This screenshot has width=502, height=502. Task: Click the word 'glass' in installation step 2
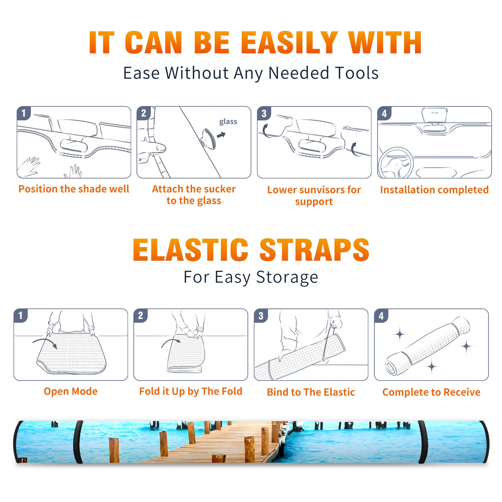[x=228, y=122]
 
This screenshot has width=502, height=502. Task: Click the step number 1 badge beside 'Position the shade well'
[x=24, y=113]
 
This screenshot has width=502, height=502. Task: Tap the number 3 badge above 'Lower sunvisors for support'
[x=264, y=113]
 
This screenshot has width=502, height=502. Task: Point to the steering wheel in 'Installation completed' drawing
[x=395, y=163]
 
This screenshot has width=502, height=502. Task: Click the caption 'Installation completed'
[x=434, y=190]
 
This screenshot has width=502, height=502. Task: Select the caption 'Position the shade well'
[x=74, y=189]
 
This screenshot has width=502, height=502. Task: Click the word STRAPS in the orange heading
[x=314, y=250]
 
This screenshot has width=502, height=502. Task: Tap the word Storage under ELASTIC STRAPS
[x=287, y=277]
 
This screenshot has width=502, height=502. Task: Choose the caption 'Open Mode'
[x=71, y=391]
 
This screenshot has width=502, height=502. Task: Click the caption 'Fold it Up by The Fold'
[x=191, y=392]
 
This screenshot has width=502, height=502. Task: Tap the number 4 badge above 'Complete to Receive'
[x=381, y=316]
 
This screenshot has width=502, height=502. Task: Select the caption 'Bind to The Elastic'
[x=311, y=392]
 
